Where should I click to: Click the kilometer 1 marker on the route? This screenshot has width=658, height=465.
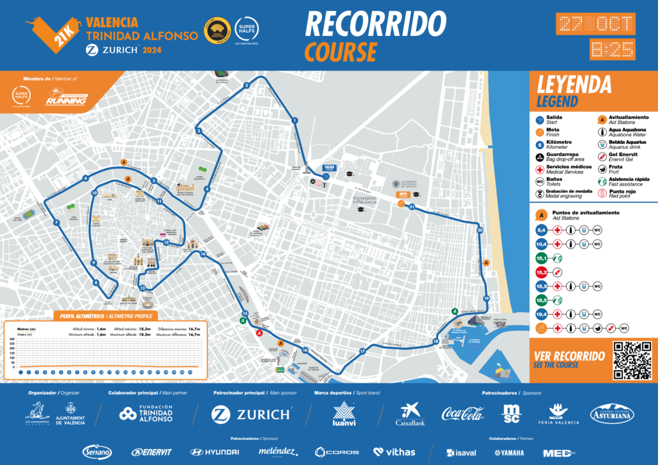294,120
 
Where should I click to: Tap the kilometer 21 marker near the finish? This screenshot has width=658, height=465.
412,207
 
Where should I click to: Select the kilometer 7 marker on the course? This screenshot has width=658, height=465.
57,223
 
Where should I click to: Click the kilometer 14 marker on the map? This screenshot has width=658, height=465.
202,254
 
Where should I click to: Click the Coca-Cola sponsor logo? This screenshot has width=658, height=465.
462,414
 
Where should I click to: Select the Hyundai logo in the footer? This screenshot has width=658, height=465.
215,452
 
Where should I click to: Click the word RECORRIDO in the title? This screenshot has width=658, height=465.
375,24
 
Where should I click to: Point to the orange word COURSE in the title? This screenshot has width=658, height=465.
341,51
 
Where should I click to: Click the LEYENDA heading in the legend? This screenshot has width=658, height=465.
573,84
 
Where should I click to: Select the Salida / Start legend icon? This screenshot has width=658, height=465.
538,119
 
